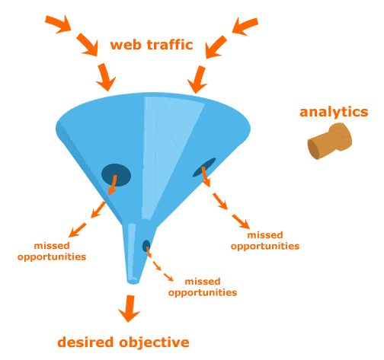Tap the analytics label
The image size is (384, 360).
334,112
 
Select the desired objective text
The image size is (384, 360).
123,342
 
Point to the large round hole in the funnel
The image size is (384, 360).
116,174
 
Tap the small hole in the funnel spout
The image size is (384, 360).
146,245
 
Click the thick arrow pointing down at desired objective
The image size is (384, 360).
129,307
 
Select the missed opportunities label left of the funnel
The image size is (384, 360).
59,251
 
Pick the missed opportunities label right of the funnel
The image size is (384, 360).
265,240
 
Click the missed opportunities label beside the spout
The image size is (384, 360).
202,287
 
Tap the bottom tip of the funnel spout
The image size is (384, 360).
134,280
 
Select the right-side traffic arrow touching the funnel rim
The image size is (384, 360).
198,79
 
